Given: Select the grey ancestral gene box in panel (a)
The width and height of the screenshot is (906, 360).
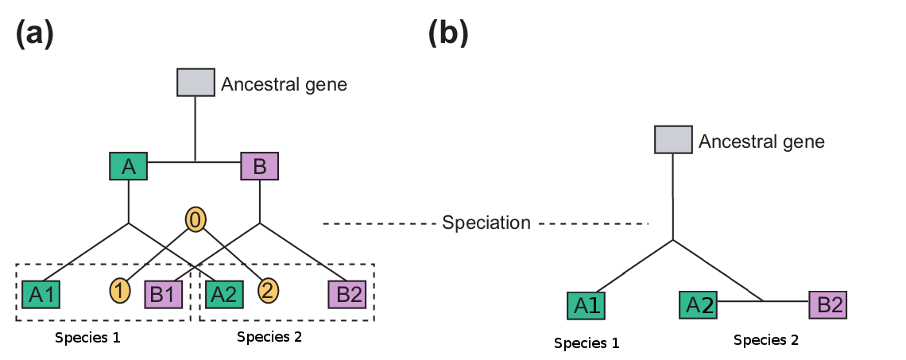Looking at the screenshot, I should [x=196, y=82].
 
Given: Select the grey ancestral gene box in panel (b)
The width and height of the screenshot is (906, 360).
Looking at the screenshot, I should [x=672, y=140].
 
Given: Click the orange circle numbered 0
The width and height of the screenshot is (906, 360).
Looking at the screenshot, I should [x=196, y=219].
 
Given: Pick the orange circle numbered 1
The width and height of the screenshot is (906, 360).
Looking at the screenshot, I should [x=120, y=292].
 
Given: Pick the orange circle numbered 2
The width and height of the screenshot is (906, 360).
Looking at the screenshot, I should [x=268, y=292].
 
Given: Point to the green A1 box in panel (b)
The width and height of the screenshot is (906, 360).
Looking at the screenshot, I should [x=587, y=306].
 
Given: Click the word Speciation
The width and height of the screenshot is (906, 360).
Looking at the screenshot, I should [x=486, y=223].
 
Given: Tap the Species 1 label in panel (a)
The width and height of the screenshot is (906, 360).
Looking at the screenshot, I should [x=87, y=337].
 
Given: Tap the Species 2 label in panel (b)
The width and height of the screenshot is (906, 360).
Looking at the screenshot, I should [x=765, y=340].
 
